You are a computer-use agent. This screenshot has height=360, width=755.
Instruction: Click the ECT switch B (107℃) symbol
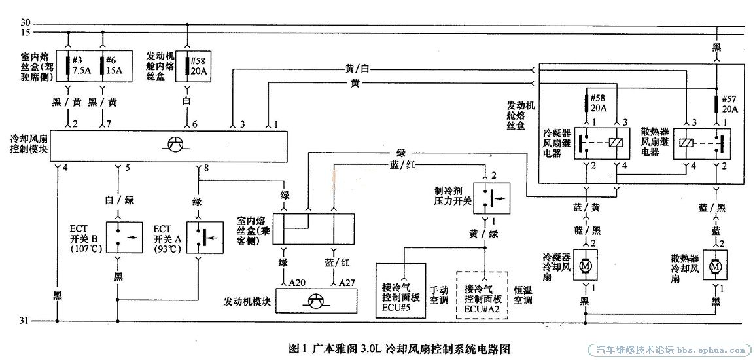(x=118, y=238)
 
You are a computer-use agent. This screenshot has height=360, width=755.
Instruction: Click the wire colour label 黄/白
(x=359, y=69)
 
